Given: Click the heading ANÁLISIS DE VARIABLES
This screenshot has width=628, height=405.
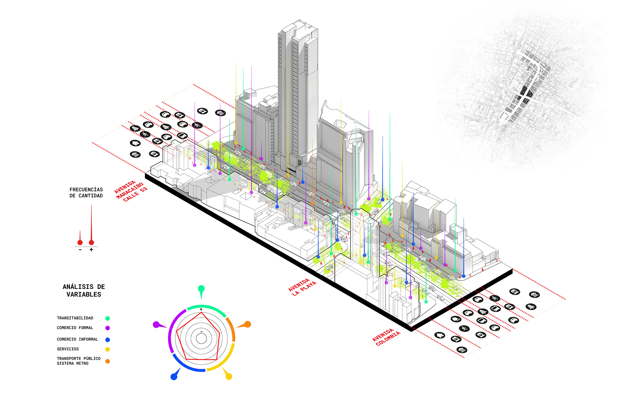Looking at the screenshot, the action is click(84, 291).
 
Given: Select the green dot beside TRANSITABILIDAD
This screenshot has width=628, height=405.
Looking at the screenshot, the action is click(108, 318).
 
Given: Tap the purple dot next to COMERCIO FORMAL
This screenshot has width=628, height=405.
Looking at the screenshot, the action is click(108, 328).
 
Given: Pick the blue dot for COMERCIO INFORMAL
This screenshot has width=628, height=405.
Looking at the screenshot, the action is click(108, 340).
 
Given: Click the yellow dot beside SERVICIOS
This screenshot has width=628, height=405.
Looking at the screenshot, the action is click(108, 349).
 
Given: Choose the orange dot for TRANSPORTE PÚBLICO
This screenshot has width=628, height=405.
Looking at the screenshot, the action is click(108, 361).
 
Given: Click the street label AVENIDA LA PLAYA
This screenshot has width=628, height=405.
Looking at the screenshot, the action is click(303, 287).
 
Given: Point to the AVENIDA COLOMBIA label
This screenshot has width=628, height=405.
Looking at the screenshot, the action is click(386, 337).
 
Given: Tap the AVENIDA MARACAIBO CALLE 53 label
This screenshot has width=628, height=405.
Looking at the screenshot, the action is click(131, 191).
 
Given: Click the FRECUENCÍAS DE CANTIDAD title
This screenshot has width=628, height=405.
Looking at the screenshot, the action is click(86, 193).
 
